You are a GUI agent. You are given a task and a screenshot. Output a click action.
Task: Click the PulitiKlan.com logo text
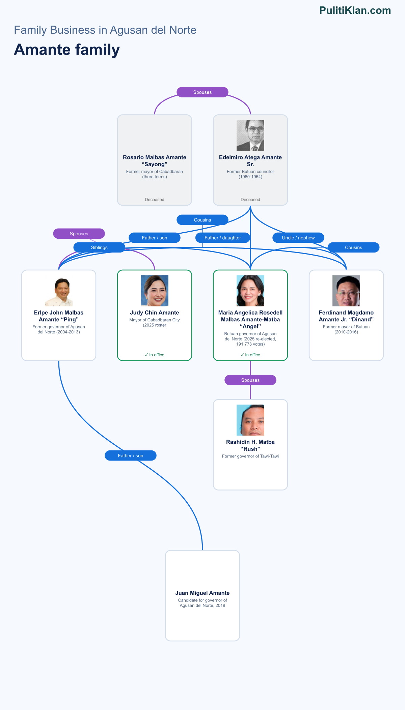(x=355, y=10)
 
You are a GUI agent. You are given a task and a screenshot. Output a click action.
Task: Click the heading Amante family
(x=67, y=50)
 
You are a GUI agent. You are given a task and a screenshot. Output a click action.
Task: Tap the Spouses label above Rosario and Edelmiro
(x=202, y=92)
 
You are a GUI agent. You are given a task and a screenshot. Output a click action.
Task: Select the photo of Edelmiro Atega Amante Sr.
(x=250, y=136)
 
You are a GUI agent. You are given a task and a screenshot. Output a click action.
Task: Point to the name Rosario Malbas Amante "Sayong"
(x=155, y=161)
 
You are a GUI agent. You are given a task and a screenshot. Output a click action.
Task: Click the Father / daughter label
(x=223, y=238)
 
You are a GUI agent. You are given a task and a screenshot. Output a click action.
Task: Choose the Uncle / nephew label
(x=298, y=238)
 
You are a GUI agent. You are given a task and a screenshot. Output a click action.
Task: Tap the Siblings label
(x=99, y=247)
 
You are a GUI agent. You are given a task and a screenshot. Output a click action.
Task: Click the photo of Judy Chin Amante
(x=155, y=291)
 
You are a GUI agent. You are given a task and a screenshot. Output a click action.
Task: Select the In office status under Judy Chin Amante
(x=155, y=355)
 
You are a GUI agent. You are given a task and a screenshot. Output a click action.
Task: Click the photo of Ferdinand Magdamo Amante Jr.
(x=346, y=291)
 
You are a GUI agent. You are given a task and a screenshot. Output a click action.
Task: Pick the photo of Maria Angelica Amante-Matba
(x=250, y=291)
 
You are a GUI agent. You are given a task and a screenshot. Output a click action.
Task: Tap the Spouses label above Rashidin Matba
(x=250, y=380)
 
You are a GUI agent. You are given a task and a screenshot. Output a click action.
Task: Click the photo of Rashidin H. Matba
(x=250, y=420)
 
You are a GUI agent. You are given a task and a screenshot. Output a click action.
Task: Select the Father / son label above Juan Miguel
(x=131, y=455)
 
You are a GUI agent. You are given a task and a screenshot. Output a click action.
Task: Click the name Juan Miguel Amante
(x=202, y=593)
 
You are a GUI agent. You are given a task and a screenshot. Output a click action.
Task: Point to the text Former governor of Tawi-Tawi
(x=250, y=456)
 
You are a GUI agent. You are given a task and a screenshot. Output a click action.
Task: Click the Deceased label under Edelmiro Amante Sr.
(x=250, y=200)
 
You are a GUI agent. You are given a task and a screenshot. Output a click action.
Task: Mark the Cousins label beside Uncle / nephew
(x=354, y=247)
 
